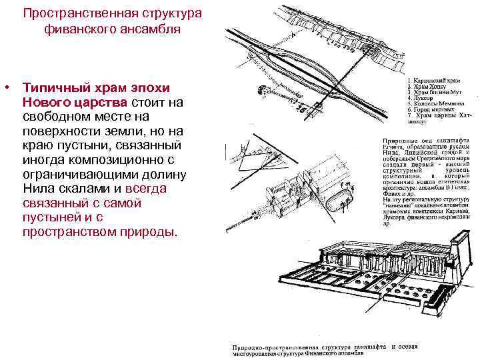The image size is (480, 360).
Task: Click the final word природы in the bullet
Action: pyautogui.click(x=151, y=233)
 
